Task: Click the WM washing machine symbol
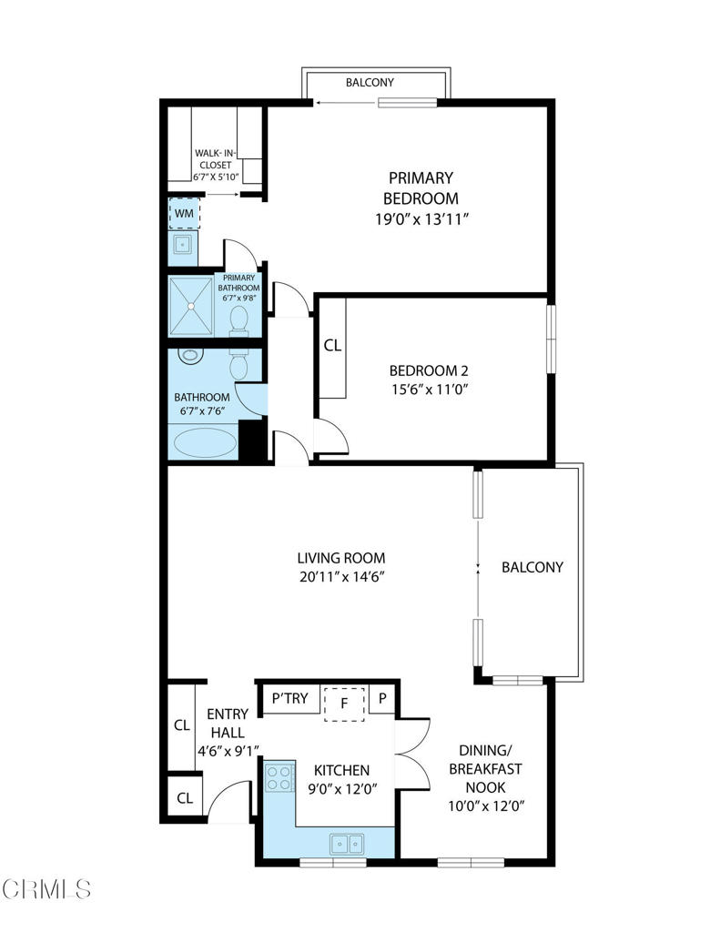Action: [185, 213]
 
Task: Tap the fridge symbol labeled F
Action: [345, 703]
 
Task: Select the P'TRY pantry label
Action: [290, 699]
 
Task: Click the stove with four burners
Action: [279, 777]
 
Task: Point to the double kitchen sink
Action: [346, 844]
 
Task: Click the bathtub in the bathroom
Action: [204, 443]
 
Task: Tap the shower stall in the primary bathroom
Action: [191, 308]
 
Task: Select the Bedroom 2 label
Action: [428, 370]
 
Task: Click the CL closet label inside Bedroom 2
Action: [332, 346]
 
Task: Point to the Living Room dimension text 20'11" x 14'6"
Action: [341, 577]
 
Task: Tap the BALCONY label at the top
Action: [370, 83]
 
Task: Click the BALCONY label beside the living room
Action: [532, 567]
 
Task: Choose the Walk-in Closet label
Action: [213, 159]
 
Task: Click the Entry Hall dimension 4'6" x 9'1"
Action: [229, 752]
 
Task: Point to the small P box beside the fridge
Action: [383, 699]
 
